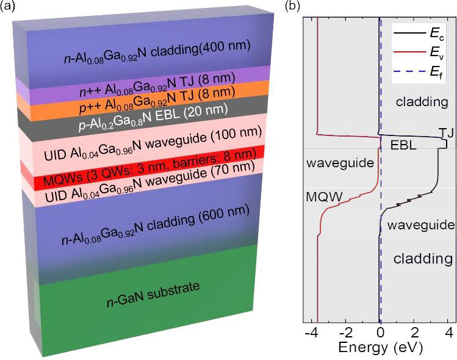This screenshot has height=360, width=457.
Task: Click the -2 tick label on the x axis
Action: point(345,334)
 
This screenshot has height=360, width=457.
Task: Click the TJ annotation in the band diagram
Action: point(445,132)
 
